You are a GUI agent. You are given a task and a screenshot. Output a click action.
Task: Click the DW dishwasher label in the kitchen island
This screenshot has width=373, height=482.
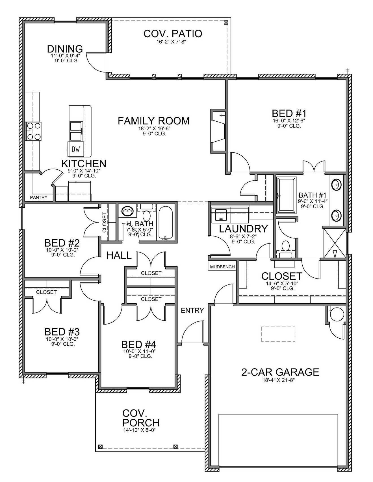click(x=75, y=149)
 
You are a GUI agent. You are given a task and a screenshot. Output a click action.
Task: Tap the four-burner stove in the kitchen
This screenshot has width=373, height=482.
click(x=33, y=131)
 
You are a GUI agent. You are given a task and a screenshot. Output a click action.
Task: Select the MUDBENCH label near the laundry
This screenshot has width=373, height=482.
click(x=222, y=267)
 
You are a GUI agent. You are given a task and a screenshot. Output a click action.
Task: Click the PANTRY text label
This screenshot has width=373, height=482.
click(x=39, y=198)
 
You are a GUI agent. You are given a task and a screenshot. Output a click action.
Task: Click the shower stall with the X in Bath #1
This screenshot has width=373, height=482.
click(x=334, y=243)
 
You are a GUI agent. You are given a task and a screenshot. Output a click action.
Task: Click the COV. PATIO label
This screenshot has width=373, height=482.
click(x=173, y=34)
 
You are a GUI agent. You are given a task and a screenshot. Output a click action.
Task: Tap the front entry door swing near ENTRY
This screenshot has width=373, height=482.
click(x=191, y=333)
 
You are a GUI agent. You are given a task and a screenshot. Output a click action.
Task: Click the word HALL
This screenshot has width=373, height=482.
click(x=119, y=255)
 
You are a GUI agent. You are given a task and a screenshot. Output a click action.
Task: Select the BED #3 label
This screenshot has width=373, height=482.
click(x=62, y=332)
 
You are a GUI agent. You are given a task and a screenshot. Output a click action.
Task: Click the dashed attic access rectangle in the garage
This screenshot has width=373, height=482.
click(x=278, y=334)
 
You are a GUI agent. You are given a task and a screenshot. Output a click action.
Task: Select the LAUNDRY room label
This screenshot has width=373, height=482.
click(x=243, y=229)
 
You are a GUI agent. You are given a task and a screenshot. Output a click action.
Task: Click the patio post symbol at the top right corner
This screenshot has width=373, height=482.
click(x=226, y=23)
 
